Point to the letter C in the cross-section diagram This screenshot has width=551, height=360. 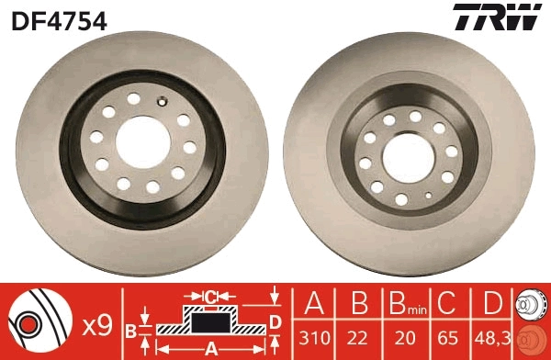tap(209, 296)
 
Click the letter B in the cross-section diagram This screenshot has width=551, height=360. tap(130, 329)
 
